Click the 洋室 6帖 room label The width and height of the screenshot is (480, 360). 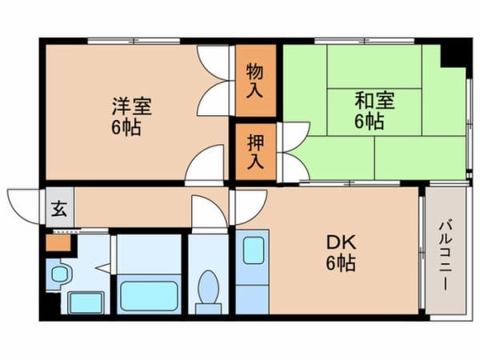[131, 116]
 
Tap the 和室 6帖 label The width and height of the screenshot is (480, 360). [374, 110]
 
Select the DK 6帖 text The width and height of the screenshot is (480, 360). [341, 253]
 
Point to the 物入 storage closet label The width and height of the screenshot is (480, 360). [254, 80]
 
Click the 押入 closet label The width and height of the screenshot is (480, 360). [255, 151]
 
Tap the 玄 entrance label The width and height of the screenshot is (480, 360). [59, 209]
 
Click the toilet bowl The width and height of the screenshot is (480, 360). [208, 286]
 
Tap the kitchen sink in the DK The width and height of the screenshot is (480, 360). [254, 250]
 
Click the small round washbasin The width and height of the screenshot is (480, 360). [60, 274]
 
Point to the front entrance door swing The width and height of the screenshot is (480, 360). [25, 206]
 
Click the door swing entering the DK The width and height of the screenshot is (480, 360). [250, 207]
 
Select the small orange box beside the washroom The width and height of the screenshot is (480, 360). [58, 242]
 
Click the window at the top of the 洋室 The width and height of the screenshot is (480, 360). [134, 41]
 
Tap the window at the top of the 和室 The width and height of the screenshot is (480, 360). [364, 41]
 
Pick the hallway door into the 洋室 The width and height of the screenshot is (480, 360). [205, 165]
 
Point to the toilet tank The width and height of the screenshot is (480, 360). [208, 309]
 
